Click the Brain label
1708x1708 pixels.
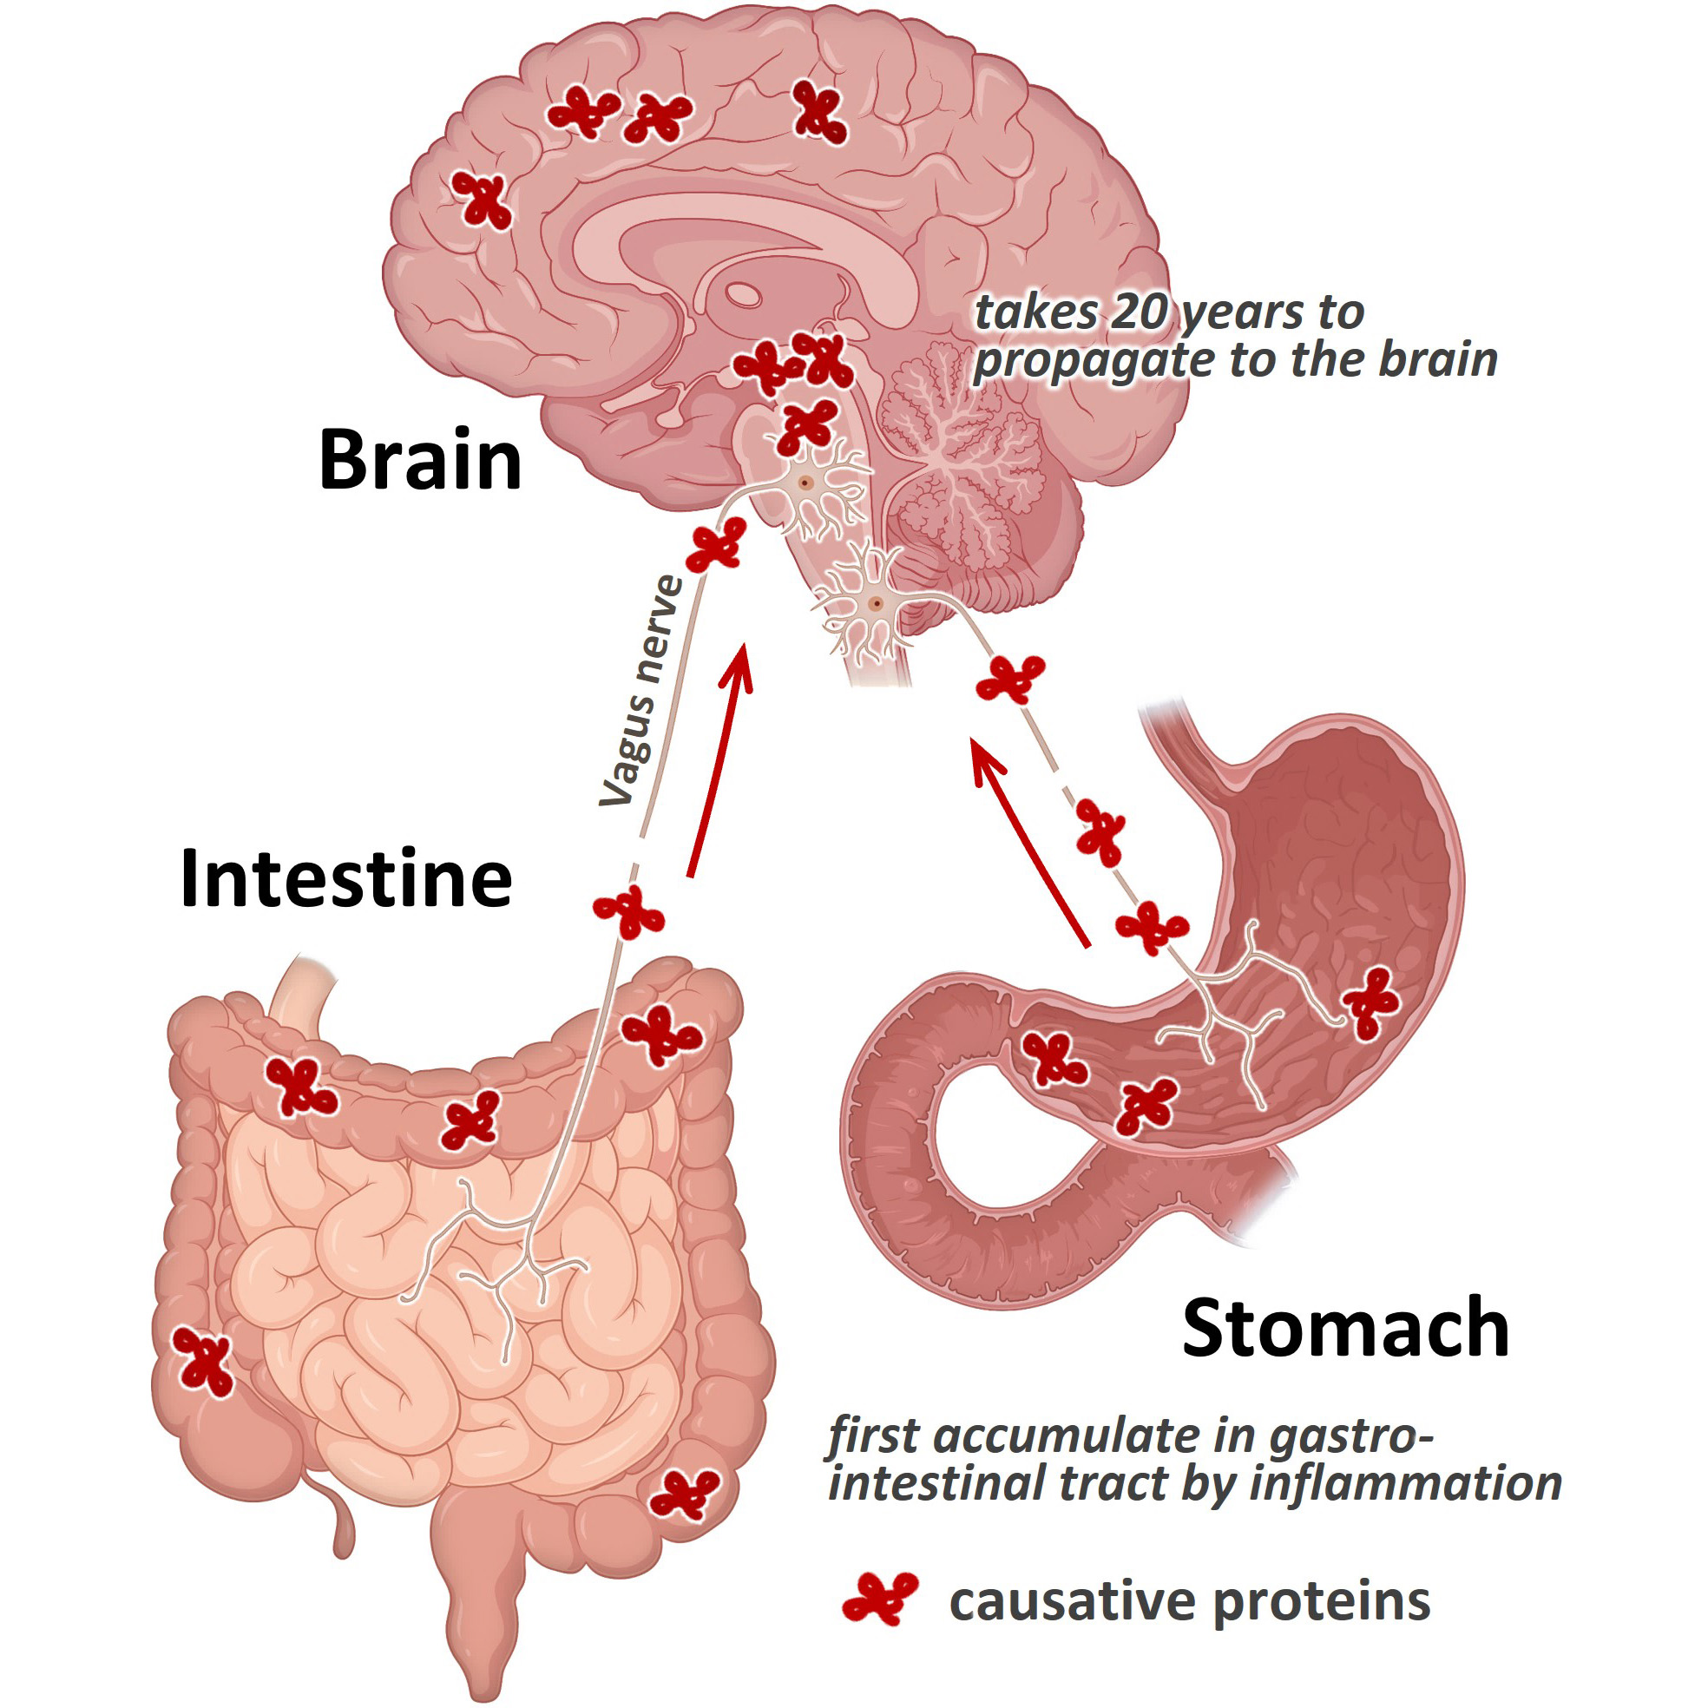[420, 460]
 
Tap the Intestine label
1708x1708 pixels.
[345, 879]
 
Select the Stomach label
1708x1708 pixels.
[1345, 1329]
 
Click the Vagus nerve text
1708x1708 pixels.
[642, 690]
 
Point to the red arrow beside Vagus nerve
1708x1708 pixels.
[720, 760]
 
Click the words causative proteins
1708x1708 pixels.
[1189, 1601]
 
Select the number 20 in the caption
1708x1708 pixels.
[1140, 312]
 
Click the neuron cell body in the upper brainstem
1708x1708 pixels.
[805, 483]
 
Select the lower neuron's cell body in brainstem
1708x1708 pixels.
[875, 604]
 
